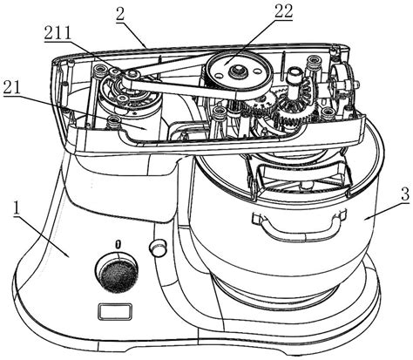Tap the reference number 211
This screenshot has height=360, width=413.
58,33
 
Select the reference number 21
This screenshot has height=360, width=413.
12,87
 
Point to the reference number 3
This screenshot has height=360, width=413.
405,194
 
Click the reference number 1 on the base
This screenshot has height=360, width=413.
17,208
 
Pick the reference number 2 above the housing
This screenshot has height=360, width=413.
120,14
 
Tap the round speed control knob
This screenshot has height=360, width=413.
118,273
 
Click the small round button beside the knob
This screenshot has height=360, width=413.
158,247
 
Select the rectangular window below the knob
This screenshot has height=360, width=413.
115,312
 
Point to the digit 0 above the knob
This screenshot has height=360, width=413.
118,244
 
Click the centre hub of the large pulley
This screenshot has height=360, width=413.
238,70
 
